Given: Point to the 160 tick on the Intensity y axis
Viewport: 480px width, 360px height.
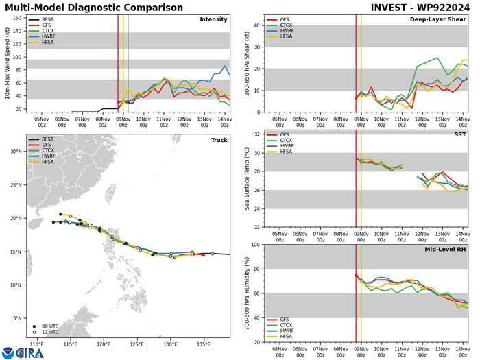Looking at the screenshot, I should (15, 19).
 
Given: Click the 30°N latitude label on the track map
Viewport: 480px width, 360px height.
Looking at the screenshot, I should (16, 152).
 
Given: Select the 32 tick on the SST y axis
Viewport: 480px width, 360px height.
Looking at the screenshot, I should (256, 134).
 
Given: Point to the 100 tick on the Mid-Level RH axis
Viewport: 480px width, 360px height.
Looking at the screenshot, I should (255, 245).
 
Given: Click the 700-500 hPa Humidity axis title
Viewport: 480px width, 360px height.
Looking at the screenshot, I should (245, 293).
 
